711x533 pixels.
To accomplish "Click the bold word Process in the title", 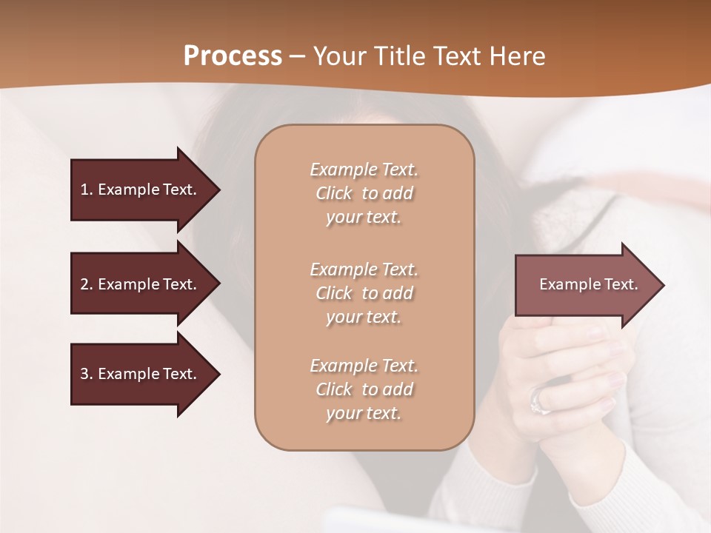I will point(233,56).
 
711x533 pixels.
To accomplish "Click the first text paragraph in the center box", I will point(364,193).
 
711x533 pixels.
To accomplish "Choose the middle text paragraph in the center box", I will point(364,293).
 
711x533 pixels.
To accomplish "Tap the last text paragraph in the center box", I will point(364,389).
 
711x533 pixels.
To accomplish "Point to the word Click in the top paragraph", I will point(334,193).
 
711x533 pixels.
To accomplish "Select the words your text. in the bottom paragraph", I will point(364,413).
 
